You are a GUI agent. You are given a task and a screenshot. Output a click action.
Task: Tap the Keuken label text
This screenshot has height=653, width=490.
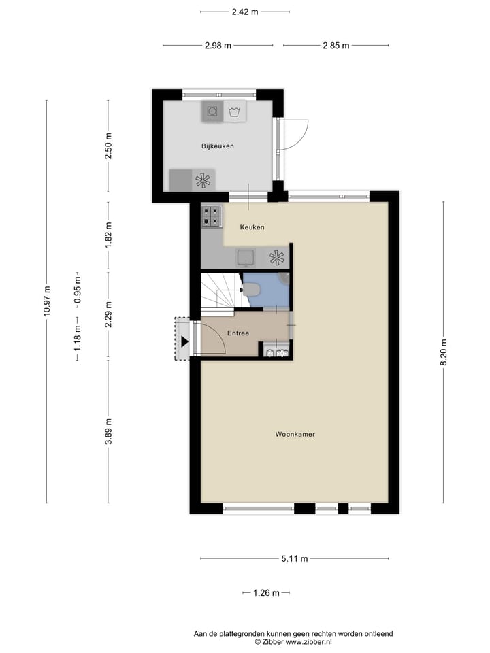tap(252, 227)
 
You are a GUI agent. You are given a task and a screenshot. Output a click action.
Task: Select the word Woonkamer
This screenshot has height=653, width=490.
tap(295, 434)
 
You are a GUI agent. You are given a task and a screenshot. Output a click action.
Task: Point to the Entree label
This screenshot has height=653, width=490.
tap(238, 333)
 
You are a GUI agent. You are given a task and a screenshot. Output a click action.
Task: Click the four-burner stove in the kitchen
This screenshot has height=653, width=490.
tap(212, 216)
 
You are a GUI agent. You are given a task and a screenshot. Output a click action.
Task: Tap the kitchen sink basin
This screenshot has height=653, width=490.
tap(245, 257)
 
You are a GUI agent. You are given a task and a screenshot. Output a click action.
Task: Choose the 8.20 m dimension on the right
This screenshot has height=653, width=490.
tap(444, 352)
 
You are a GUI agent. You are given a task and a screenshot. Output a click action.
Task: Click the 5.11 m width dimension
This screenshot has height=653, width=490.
tap(295, 559)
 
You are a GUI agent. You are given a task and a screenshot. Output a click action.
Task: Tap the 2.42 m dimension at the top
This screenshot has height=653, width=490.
tap(245, 12)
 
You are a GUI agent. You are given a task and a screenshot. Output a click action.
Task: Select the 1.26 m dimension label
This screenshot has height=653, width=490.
tap(266, 593)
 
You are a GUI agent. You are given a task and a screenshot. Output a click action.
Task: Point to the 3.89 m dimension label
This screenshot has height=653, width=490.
tap(108, 431)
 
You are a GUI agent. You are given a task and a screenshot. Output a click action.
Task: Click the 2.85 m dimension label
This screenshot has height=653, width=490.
tap(336, 46)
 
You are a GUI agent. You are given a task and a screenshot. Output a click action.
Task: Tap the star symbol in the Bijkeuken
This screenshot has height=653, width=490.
tap(203, 180)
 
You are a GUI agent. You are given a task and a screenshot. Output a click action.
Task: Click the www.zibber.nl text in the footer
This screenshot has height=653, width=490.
tap(308, 641)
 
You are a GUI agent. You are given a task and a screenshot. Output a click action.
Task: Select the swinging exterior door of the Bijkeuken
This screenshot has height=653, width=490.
tap(295, 135)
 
